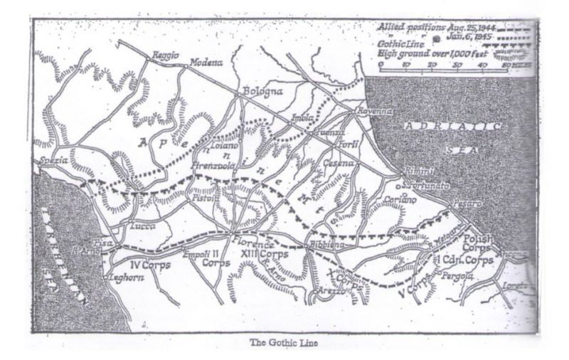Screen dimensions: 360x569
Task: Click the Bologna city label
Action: [x=263, y=92]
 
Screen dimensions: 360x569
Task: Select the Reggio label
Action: [x=166, y=55]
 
